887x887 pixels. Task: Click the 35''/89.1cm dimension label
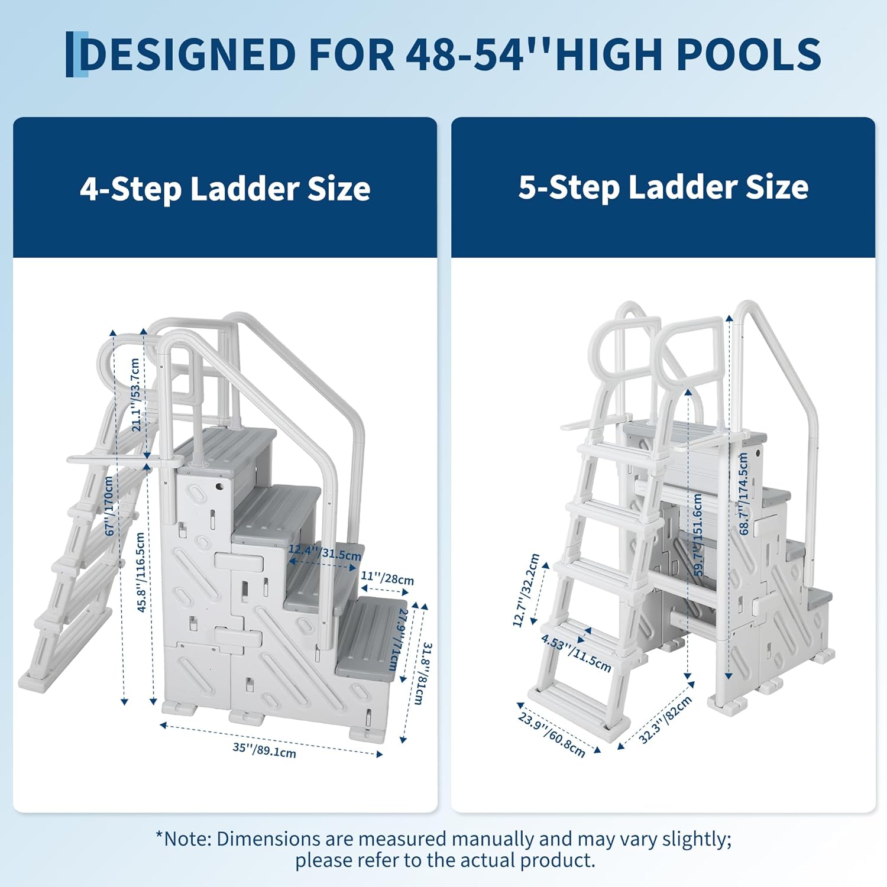[x=264, y=749]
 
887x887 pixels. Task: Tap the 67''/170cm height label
[x=109, y=506]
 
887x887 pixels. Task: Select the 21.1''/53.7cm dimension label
[x=135, y=394]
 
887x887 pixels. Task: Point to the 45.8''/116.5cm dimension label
[x=141, y=572]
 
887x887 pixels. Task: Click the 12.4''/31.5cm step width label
[x=325, y=552]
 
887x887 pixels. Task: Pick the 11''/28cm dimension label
[x=387, y=577]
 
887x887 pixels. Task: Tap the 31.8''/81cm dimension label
[x=422, y=673]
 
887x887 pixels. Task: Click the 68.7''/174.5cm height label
[x=744, y=494]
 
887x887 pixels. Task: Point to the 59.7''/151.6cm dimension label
[x=698, y=535]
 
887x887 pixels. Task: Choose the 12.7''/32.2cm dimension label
[x=526, y=590]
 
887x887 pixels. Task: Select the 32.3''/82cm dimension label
[x=665, y=720]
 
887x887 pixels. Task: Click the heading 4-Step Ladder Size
[x=225, y=189]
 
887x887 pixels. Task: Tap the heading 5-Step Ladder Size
[x=663, y=187]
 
